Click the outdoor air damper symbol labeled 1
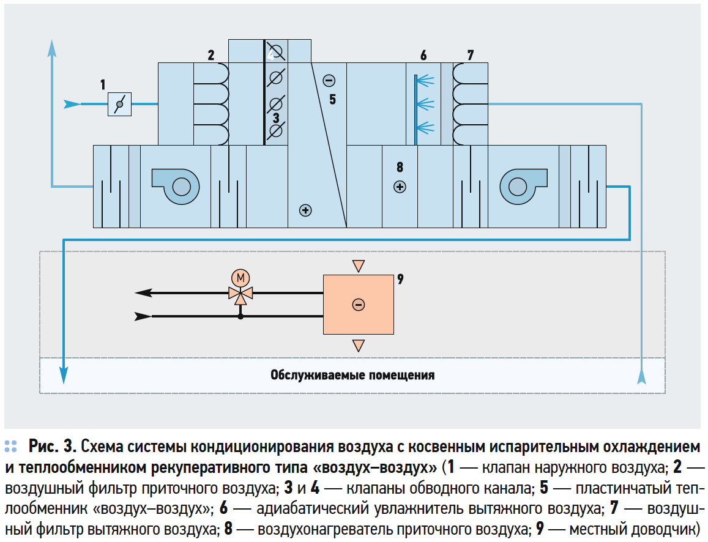[119, 104]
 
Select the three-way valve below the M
[240, 294]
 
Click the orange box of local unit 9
[358, 304]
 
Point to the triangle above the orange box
[359, 266]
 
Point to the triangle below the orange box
[359, 346]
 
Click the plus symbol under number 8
[400, 187]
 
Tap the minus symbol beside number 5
[329, 80]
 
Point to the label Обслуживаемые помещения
[352, 375]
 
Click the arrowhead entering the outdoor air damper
[72, 104]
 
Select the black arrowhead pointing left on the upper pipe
[143, 292]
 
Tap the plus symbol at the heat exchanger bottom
[305, 210]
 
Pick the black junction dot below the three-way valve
[240, 316]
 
